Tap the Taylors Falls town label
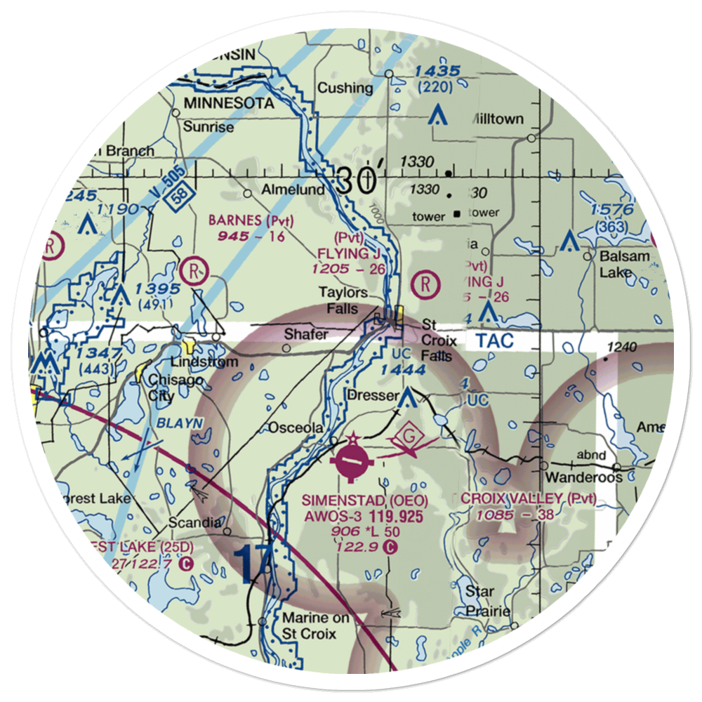(x=343, y=300)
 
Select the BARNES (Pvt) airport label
(x=251, y=221)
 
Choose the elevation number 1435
(x=437, y=72)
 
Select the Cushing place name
(x=345, y=88)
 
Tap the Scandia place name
(x=195, y=523)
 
